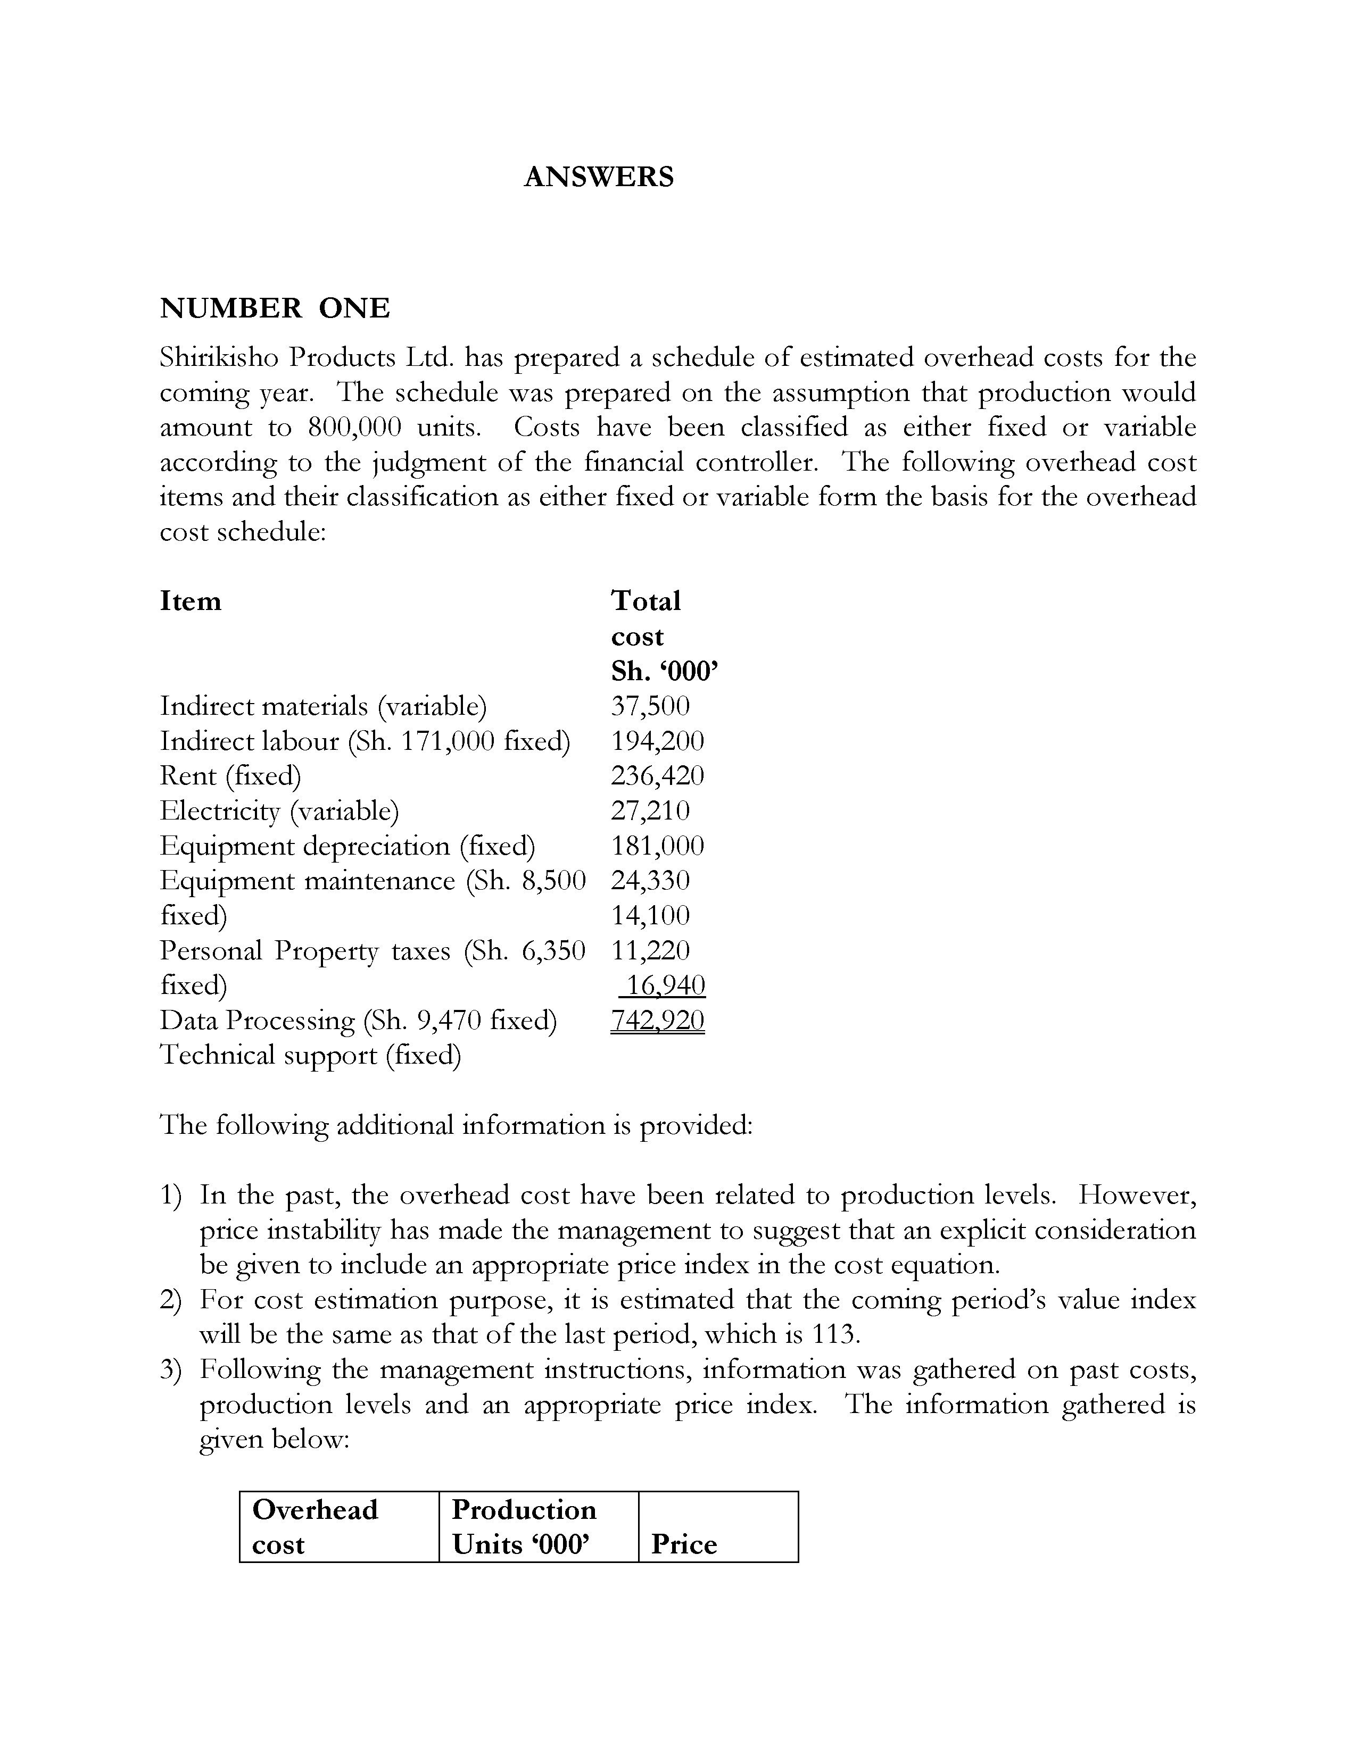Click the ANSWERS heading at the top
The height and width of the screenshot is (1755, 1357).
598,177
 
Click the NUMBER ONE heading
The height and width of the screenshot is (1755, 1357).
275,308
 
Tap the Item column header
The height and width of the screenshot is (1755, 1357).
191,601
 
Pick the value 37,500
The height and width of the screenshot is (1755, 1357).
650,706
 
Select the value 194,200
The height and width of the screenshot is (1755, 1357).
657,741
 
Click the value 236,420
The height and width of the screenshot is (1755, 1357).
657,775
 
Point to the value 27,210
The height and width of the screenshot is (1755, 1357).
650,810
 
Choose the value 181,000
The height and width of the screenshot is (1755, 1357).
657,846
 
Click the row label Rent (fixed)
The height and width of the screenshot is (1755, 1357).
231,775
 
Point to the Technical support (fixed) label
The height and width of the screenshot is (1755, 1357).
310,1055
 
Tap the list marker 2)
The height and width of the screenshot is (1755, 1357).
170,1299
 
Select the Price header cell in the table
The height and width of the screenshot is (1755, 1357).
684,1544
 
